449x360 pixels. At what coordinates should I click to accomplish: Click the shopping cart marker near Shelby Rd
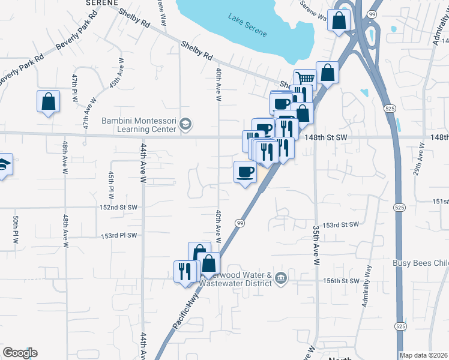click(x=305, y=78)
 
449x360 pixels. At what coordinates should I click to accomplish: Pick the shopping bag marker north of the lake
click(x=339, y=21)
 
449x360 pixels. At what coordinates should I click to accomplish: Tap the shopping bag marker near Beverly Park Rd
click(x=48, y=102)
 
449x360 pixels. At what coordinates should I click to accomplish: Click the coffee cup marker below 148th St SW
click(x=244, y=173)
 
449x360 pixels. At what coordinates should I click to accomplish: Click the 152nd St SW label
click(x=119, y=207)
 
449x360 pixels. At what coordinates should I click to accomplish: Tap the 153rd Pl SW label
click(x=119, y=235)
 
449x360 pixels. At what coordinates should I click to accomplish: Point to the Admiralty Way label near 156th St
click(x=367, y=287)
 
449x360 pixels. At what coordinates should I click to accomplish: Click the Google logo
click(x=19, y=353)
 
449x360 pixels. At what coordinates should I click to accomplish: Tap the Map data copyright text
click(x=423, y=355)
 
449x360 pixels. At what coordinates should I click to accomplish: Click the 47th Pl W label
click(x=75, y=88)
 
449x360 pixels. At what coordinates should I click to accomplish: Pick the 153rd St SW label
click(x=340, y=224)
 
